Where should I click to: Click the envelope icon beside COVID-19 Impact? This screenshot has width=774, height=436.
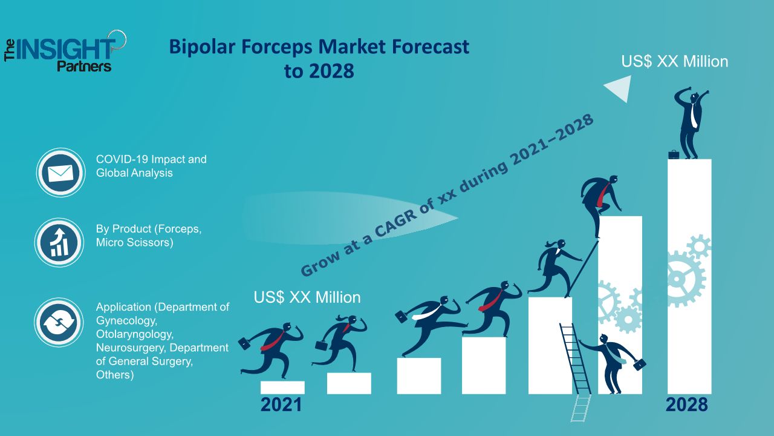[x=60, y=173]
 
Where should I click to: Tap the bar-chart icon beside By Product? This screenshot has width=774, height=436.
[x=59, y=242]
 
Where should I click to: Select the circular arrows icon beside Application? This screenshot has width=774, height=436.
[x=59, y=323]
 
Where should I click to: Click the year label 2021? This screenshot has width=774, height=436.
[x=281, y=405]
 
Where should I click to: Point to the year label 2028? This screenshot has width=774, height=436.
[x=686, y=405]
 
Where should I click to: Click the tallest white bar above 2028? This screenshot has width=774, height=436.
[x=689, y=277]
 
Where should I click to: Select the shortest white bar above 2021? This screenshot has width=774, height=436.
[x=282, y=388]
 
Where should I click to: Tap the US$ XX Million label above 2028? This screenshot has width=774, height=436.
[x=674, y=62]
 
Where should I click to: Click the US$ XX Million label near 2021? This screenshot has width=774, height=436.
[x=307, y=297]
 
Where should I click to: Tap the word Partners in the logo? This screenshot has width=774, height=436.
[x=84, y=66]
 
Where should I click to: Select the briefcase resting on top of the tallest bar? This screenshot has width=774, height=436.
[x=674, y=154]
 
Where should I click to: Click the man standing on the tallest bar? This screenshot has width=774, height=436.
[x=691, y=123]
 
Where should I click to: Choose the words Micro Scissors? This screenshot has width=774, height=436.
[x=134, y=242]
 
